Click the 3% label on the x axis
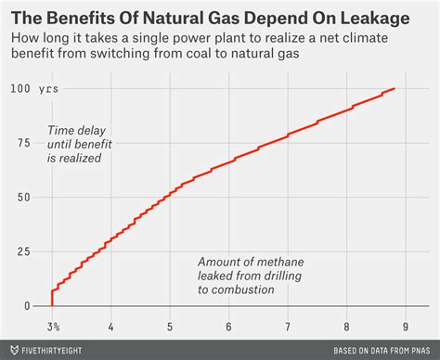point(54,327)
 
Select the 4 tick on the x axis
point(111,327)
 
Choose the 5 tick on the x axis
point(170,327)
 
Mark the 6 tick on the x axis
point(229,327)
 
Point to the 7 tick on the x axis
point(288,327)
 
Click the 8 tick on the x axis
point(346,327)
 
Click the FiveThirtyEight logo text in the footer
point(60,351)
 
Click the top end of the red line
point(395,88)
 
